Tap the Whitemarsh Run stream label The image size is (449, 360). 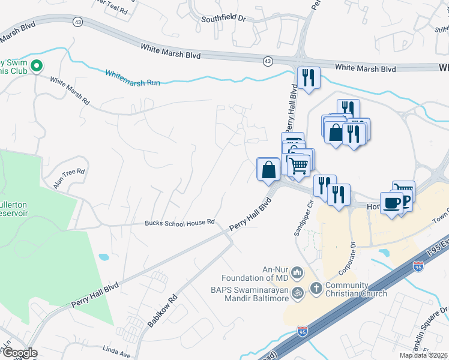pos(133,77)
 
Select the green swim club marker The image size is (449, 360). pos(37,65)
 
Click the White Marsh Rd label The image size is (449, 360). pos(69,90)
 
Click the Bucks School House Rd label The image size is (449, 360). pos(179,223)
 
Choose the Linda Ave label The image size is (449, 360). pos(116,348)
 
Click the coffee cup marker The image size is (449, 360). pos(391,204)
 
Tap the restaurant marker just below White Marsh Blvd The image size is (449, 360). pos(309,77)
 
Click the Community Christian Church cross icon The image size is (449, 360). pos(316,289)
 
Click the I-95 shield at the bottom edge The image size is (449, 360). pos(303,331)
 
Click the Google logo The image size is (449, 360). pos(19,353)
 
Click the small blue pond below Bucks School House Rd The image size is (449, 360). pos(104,257)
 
